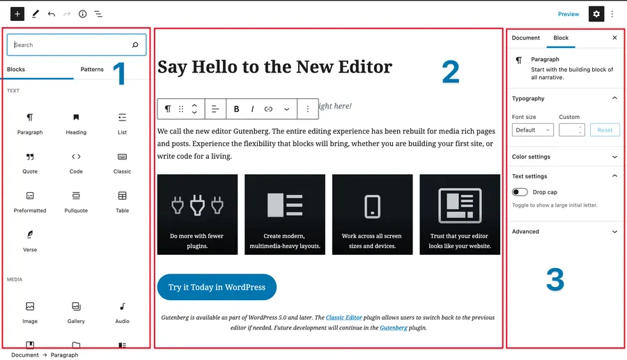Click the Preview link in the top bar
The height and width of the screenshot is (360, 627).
coord(568,14)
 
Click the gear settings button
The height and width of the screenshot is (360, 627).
coord(596,14)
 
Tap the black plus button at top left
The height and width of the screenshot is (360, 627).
coord(17,14)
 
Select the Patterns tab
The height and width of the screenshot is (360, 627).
coord(92,69)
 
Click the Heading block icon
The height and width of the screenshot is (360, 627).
coord(76,117)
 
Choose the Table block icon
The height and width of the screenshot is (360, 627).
coord(122,196)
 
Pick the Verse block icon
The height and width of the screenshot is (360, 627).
coord(30,235)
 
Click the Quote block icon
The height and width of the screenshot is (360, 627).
coord(30,157)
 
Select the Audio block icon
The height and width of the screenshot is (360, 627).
coord(122,306)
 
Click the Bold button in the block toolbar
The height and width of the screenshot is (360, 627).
coord(237,109)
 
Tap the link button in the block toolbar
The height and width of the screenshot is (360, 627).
coord(268,109)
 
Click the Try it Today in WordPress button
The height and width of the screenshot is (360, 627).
coord(217,287)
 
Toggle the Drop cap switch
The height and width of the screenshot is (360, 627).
coord(520,192)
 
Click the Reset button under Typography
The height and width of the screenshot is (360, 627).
coord(605,130)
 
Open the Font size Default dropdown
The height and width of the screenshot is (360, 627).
coord(533,130)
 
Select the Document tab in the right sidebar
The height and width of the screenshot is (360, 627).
coord(526,38)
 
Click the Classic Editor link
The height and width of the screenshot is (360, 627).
coord(344,318)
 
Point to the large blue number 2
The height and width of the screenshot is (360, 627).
coord(451,72)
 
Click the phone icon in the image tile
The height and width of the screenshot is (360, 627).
coord(372,206)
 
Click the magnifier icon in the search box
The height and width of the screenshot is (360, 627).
coord(135,45)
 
